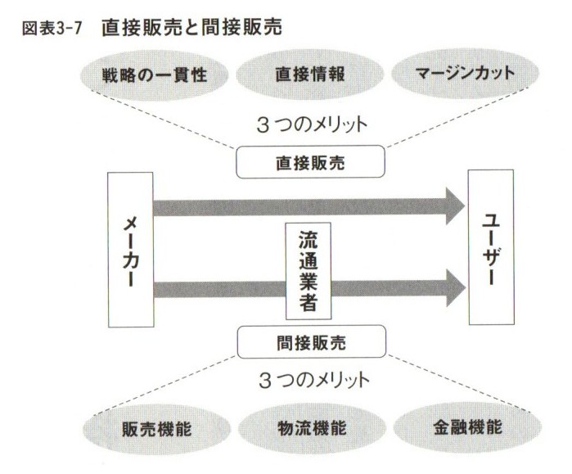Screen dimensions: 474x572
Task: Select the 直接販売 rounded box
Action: [x=310, y=162]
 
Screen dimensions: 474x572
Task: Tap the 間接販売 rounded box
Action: [x=310, y=340]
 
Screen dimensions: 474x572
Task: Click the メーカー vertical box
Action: [x=131, y=250]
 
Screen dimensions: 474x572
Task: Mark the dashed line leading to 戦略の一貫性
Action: [x=164, y=120]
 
